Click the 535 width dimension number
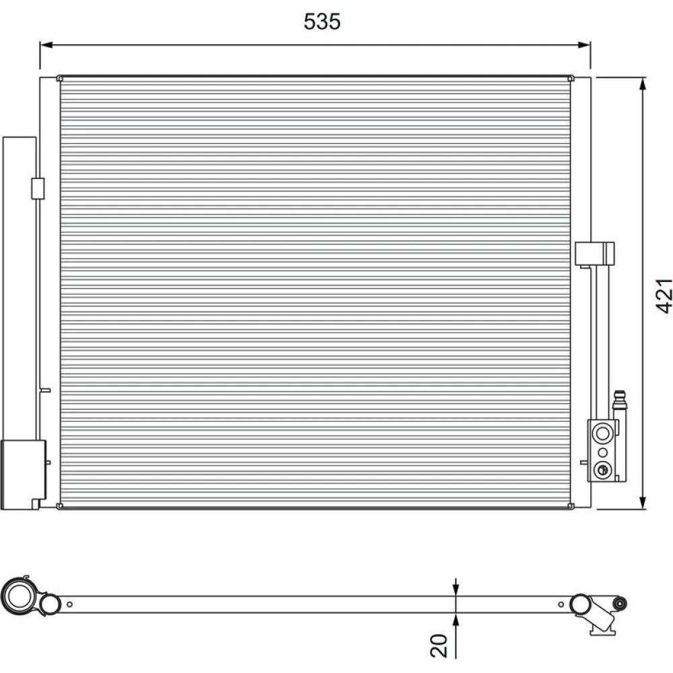point(322,22)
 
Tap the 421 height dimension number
point(664,295)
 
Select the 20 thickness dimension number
point(439,645)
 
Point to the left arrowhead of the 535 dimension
point(46,44)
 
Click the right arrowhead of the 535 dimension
point(584,44)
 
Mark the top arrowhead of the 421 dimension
point(643,84)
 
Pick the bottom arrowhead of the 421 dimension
point(643,503)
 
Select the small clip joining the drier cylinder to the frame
point(38,188)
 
